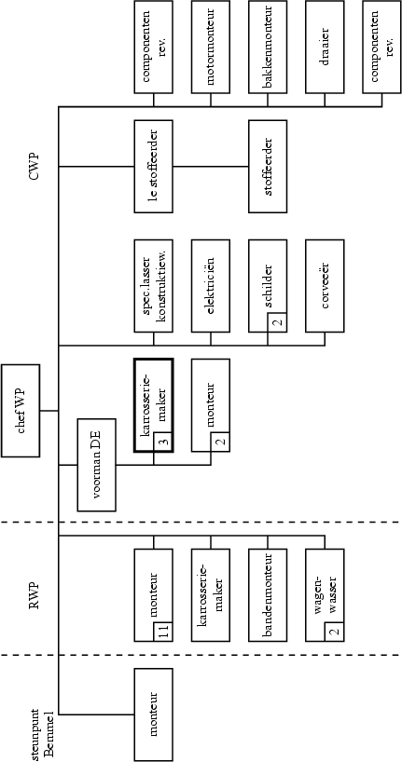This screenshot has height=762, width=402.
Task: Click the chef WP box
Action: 21,410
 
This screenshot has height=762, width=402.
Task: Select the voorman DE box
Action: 96,465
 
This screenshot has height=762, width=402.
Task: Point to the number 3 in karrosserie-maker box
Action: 162,443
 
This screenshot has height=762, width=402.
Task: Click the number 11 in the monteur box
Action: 163,633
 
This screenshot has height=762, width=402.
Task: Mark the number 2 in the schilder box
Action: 277,324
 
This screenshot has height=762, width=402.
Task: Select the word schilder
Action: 268,280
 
